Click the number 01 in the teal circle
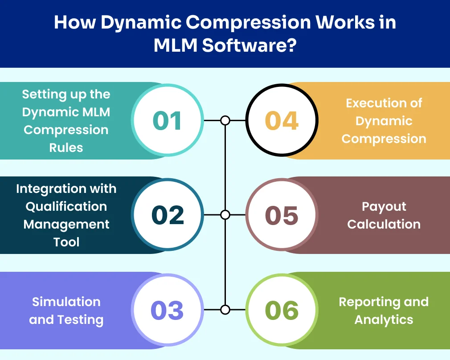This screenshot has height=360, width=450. [x=167, y=121]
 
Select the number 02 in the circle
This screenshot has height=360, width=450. [x=168, y=215]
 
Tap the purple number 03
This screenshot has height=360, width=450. [x=168, y=310]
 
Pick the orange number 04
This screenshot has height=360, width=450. [x=282, y=121]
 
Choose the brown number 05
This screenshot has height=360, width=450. [x=282, y=215]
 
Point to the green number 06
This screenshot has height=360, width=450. [x=282, y=310]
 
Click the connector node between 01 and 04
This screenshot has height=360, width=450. [x=225, y=120]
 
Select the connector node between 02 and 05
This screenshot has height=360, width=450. [x=225, y=215]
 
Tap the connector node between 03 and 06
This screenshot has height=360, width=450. [x=225, y=310]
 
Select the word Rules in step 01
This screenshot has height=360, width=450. [x=66, y=147]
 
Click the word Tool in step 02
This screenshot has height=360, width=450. [x=66, y=242]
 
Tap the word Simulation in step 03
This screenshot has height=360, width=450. [x=66, y=302]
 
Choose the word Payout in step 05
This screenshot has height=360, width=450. [x=384, y=206]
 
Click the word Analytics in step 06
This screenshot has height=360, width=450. [x=384, y=319]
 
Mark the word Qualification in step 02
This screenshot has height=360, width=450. [x=66, y=206]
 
